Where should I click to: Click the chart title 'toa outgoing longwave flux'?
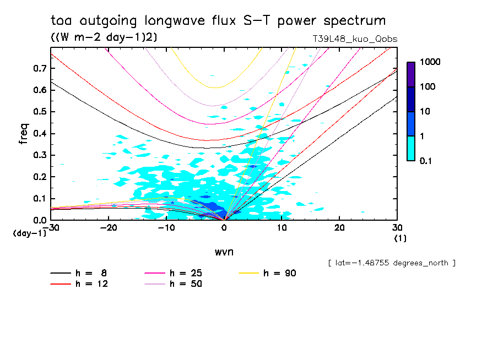coord(218,21)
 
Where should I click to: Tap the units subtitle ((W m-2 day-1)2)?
coord(103,37)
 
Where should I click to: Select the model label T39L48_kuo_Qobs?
coord(354,39)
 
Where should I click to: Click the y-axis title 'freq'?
coord(24,134)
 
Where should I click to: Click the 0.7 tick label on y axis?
coord(39,68)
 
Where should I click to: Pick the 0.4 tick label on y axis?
coord(39,133)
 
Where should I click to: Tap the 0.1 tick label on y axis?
coord(39,198)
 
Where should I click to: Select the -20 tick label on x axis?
coord(109,228)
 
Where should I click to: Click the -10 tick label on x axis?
coord(166,228)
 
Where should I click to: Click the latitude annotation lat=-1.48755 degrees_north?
coord(392,263)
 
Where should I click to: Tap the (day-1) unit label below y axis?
coord(30,233)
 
